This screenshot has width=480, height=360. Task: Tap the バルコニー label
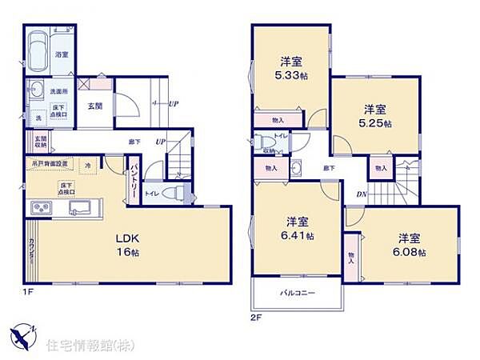click(298, 293)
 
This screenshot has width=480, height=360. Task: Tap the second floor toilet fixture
click(267, 142)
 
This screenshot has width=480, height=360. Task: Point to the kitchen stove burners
click(40, 209)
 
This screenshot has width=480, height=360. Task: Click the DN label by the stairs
click(362, 194)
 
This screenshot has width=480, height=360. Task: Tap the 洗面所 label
click(56, 91)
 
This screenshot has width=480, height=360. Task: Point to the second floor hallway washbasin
click(296, 168)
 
